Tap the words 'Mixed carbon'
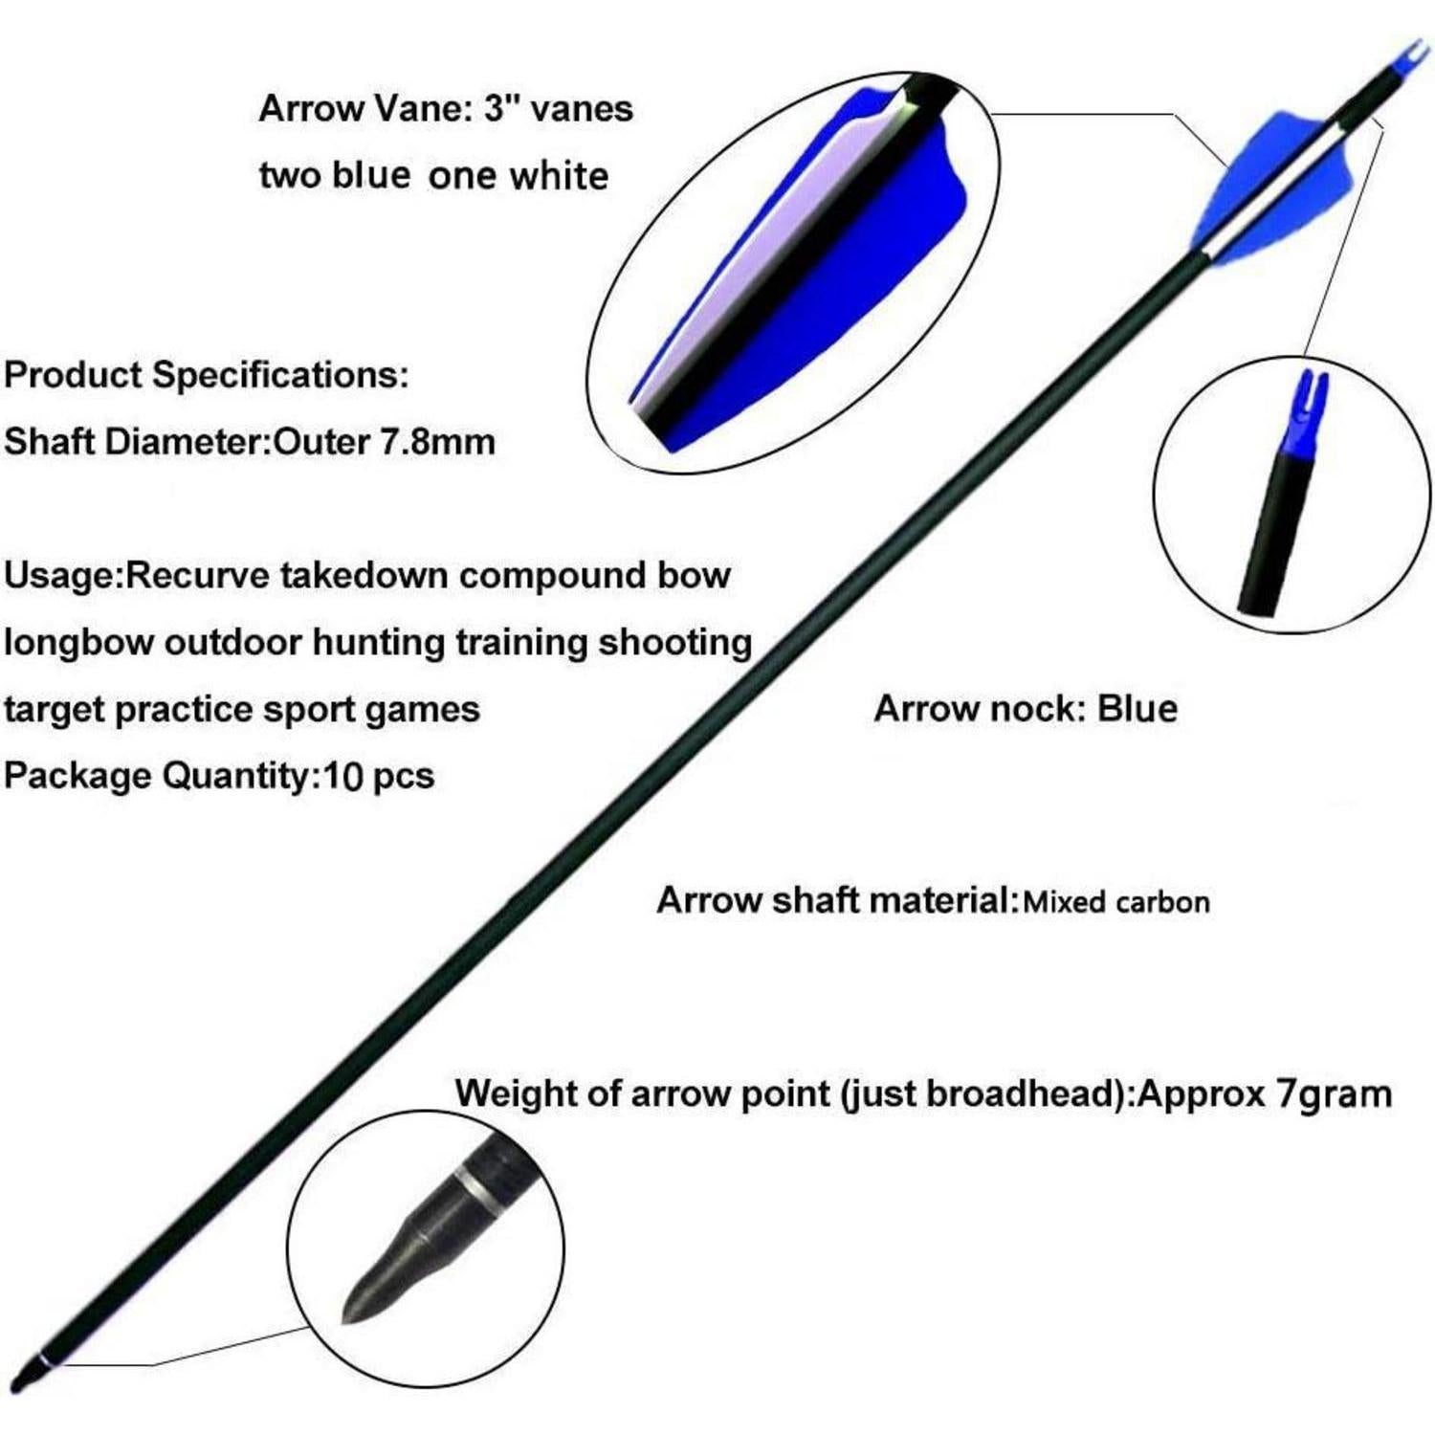1115,901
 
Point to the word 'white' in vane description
559,176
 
